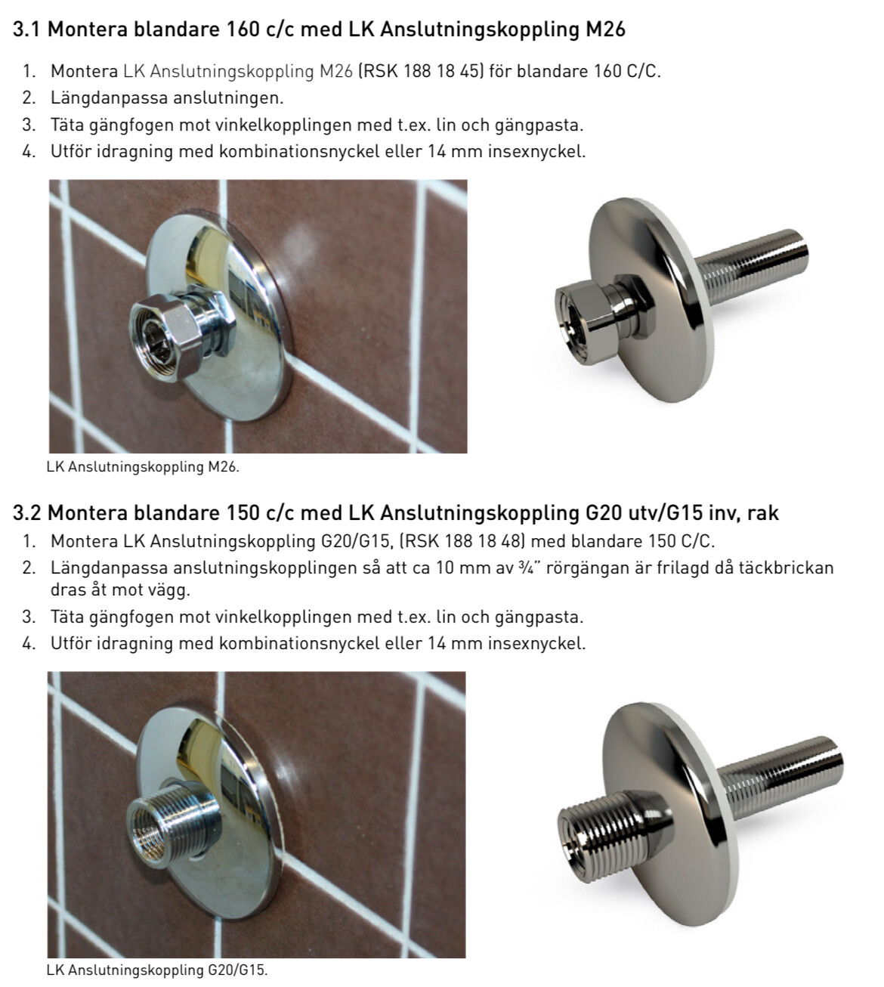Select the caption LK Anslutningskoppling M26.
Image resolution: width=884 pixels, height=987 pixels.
[143, 467]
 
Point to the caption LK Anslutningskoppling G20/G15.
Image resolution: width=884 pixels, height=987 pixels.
[157, 970]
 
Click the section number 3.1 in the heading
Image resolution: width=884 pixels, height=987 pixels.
[27, 29]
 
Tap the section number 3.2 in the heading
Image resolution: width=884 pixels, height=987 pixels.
[27, 513]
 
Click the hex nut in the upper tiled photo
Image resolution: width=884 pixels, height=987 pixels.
[163, 336]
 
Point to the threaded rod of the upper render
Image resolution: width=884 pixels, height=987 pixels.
[753, 267]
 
